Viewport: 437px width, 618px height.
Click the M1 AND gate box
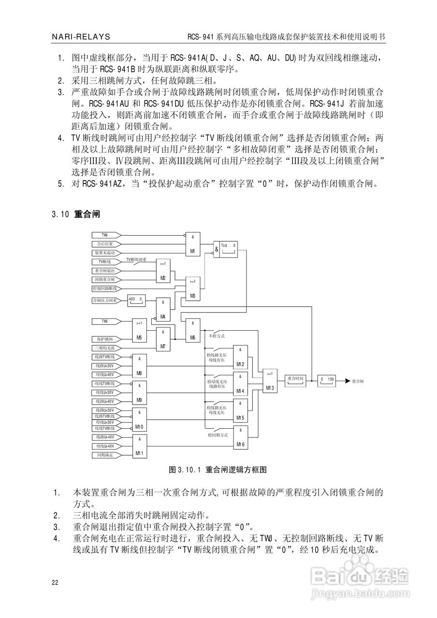pos(192,244)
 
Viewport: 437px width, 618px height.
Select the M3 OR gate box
pos(192,288)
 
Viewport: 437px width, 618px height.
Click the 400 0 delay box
pos(135,300)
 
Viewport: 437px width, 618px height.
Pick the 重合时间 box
pos(295,379)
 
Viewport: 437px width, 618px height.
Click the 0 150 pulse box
pos(327,380)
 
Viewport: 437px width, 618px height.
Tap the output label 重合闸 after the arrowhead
pos(358,380)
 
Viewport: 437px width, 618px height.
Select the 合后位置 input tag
pos(104,244)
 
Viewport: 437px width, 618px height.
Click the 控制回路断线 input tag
pos(104,288)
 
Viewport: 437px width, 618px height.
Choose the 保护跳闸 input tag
pos(104,339)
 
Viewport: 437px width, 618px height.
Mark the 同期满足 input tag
pos(104,455)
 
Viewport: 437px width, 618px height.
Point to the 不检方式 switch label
pos(216,335)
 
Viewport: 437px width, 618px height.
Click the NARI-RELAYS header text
pos(80,37)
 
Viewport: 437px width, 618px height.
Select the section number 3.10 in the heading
pos(61,213)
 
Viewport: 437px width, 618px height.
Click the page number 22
pos(55,582)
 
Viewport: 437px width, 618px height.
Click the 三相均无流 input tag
pos(104,348)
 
